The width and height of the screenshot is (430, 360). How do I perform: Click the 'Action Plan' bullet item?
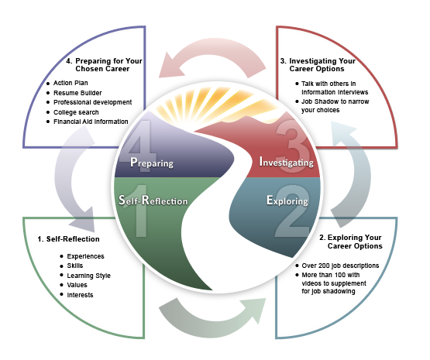pos(74,83)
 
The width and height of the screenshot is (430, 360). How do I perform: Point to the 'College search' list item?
pos(78,111)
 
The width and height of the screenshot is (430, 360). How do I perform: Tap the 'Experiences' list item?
pos(86,256)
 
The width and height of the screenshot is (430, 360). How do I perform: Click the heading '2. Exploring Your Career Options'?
pos(351,241)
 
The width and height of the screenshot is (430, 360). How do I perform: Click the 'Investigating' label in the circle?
pos(286,163)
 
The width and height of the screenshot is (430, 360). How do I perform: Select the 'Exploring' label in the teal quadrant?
pos(287,201)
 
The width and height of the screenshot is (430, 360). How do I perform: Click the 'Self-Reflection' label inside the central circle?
pos(153,201)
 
